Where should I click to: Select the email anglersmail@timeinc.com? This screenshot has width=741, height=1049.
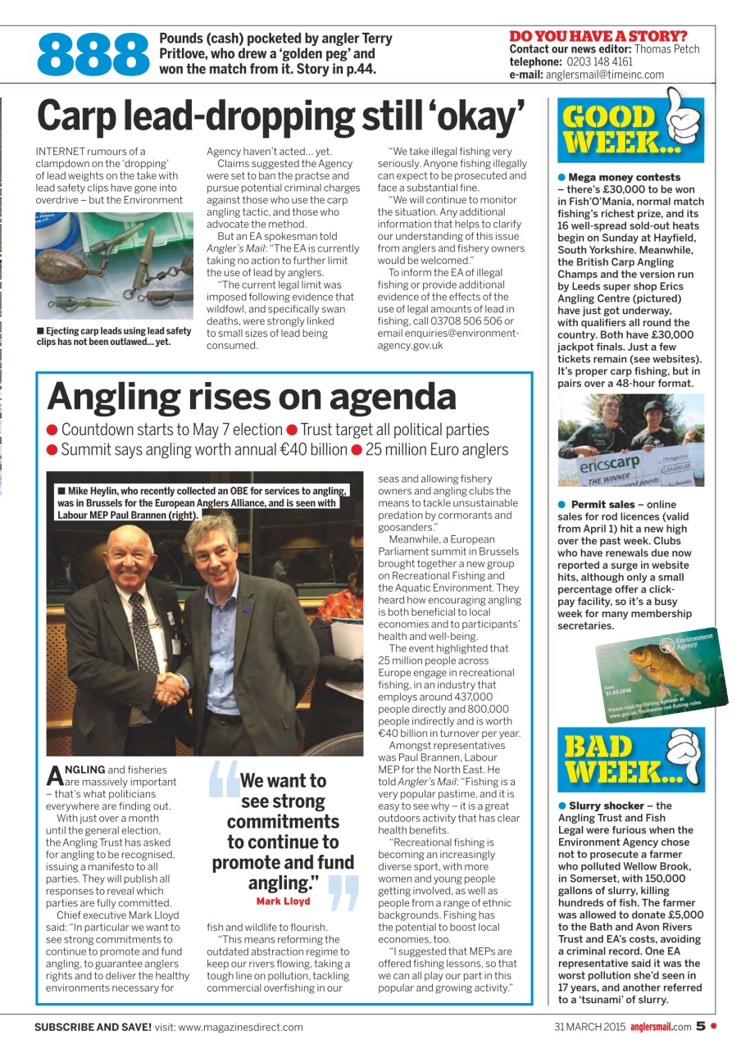click(606, 74)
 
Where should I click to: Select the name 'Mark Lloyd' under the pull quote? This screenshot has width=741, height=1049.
click(283, 901)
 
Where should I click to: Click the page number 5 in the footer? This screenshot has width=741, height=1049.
click(701, 1025)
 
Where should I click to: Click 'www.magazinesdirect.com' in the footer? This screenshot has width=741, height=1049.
click(240, 1027)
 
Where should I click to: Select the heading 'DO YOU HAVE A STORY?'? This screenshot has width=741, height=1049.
click(598, 36)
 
